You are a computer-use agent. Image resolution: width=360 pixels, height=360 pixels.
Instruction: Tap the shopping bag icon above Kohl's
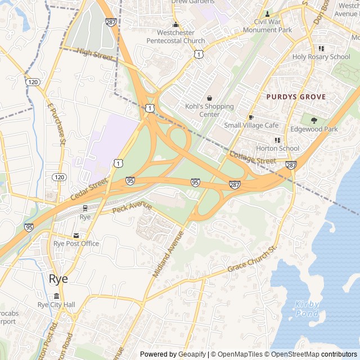tap(209, 98)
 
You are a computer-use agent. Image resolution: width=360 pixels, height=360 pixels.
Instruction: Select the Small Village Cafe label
tap(251, 125)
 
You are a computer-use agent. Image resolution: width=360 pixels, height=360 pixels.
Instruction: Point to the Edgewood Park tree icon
tap(314, 120)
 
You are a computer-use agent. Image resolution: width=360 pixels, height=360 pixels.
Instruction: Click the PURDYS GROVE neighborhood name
tap(296, 97)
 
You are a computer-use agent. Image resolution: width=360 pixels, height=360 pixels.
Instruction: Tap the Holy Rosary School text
tap(321, 57)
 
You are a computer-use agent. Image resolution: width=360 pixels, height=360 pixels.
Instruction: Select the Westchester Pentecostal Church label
tap(175, 37)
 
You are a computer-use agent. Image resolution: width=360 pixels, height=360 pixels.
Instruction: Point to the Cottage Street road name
tap(253, 157)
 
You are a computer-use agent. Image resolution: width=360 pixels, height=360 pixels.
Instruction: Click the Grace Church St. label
tap(253, 259)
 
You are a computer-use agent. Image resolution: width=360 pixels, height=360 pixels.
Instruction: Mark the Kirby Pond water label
tap(307, 308)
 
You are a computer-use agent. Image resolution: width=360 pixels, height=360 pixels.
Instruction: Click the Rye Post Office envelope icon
tap(76, 236)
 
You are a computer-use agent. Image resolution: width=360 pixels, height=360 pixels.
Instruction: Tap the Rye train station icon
tap(85, 208)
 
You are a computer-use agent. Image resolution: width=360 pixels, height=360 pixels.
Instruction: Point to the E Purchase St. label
tap(57, 123)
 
